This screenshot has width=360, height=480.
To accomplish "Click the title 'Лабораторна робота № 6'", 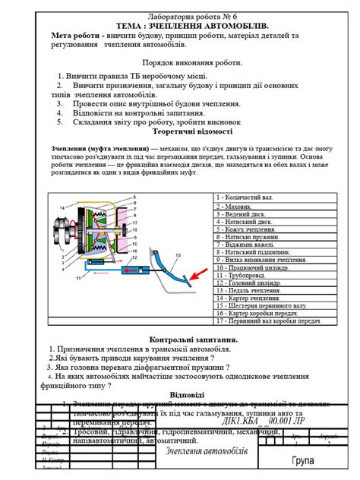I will point(179,16).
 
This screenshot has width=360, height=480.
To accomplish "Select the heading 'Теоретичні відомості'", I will point(180,130).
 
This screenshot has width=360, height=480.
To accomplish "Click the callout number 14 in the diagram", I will point(62,207).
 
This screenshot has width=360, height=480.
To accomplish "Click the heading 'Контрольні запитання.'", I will point(179,339).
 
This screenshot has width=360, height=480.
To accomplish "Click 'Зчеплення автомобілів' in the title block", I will point(207,452).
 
